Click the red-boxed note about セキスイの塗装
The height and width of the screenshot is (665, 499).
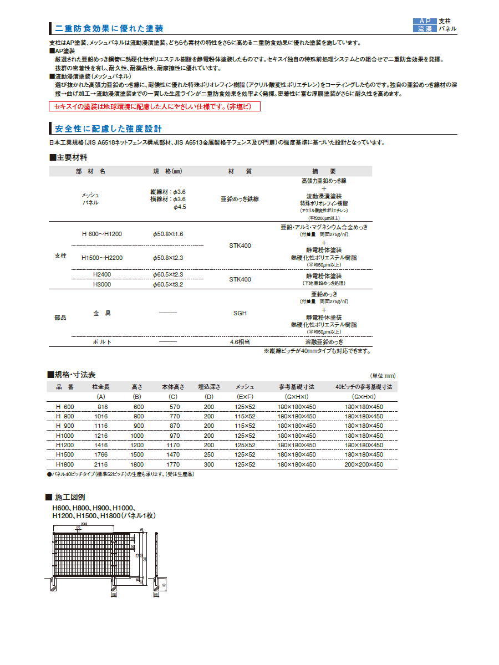click(155, 106)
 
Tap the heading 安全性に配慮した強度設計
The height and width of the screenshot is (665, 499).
click(108, 129)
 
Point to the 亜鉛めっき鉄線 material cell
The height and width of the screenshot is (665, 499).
click(240, 199)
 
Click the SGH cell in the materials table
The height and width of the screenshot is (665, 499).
click(240, 313)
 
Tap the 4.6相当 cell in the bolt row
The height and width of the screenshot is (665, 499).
click(240, 342)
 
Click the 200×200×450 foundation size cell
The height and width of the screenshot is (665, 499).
click(364, 464)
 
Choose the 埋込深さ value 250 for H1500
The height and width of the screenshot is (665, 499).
click(208, 454)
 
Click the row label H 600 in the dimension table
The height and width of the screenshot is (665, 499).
click(65, 407)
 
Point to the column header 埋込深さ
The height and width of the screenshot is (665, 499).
click(209, 387)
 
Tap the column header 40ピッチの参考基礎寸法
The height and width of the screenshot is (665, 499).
click(364, 387)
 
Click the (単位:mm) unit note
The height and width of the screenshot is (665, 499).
click(383, 375)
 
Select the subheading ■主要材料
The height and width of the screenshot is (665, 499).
click(68, 158)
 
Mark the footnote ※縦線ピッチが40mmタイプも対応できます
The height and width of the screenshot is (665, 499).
click(317, 351)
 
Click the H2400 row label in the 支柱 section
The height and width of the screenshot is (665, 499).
click(101, 275)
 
